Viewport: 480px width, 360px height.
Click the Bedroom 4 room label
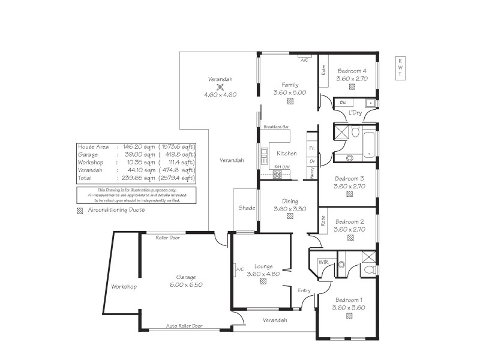click(352, 70)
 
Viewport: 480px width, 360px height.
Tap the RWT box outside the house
click(400, 68)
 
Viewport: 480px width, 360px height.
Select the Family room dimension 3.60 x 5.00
click(290, 92)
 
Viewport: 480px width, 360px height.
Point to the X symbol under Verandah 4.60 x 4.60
click(220, 87)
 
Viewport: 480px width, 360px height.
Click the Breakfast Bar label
click(276, 127)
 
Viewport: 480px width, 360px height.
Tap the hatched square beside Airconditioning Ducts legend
click(80, 211)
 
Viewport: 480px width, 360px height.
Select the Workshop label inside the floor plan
click(124, 287)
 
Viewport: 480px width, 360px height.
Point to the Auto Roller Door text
click(184, 326)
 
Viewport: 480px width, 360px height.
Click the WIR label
click(323, 262)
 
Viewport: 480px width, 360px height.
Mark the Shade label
click(247, 208)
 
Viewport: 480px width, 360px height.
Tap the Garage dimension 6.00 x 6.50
click(186, 284)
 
